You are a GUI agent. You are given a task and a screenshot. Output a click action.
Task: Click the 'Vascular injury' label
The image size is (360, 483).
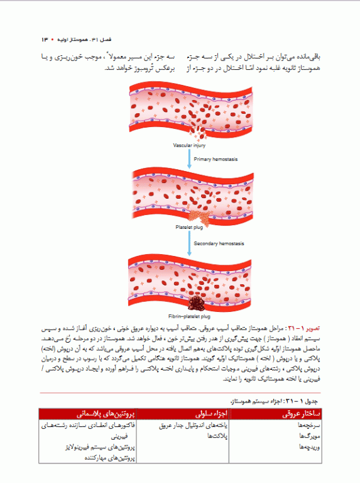[190, 145]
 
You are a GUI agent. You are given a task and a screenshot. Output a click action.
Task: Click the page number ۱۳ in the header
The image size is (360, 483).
[46, 40]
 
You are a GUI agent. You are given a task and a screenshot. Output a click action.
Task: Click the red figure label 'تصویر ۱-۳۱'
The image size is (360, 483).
[307, 328]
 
